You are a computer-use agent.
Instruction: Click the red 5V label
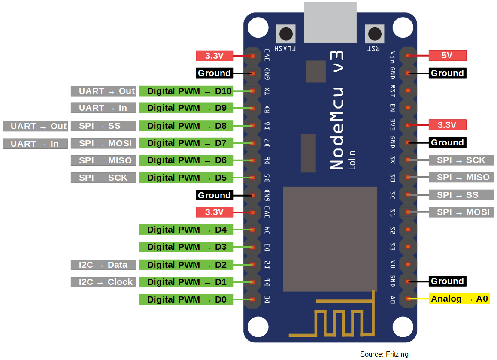pos(447,55)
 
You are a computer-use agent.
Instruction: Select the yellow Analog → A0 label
pos(459,299)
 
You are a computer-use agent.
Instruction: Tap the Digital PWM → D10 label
pos(186,91)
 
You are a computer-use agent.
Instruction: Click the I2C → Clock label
pos(103,282)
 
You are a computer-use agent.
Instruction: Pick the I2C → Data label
pos(103,265)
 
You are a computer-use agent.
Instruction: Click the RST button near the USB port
pos(374,33)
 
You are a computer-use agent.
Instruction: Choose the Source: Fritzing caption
pos(384,354)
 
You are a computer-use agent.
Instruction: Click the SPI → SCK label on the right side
pos(461,160)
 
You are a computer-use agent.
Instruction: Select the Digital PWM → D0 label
pos(186,299)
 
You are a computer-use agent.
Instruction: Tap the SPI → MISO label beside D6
pos(103,160)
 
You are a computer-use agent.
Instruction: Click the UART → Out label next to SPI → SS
pos(35,126)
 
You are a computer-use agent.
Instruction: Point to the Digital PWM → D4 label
pos(186,230)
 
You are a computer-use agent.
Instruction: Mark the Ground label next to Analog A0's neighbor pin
pos(447,281)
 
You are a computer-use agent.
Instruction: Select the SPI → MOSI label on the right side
pos(461,212)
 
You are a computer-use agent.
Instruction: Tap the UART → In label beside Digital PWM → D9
pos(103,108)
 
